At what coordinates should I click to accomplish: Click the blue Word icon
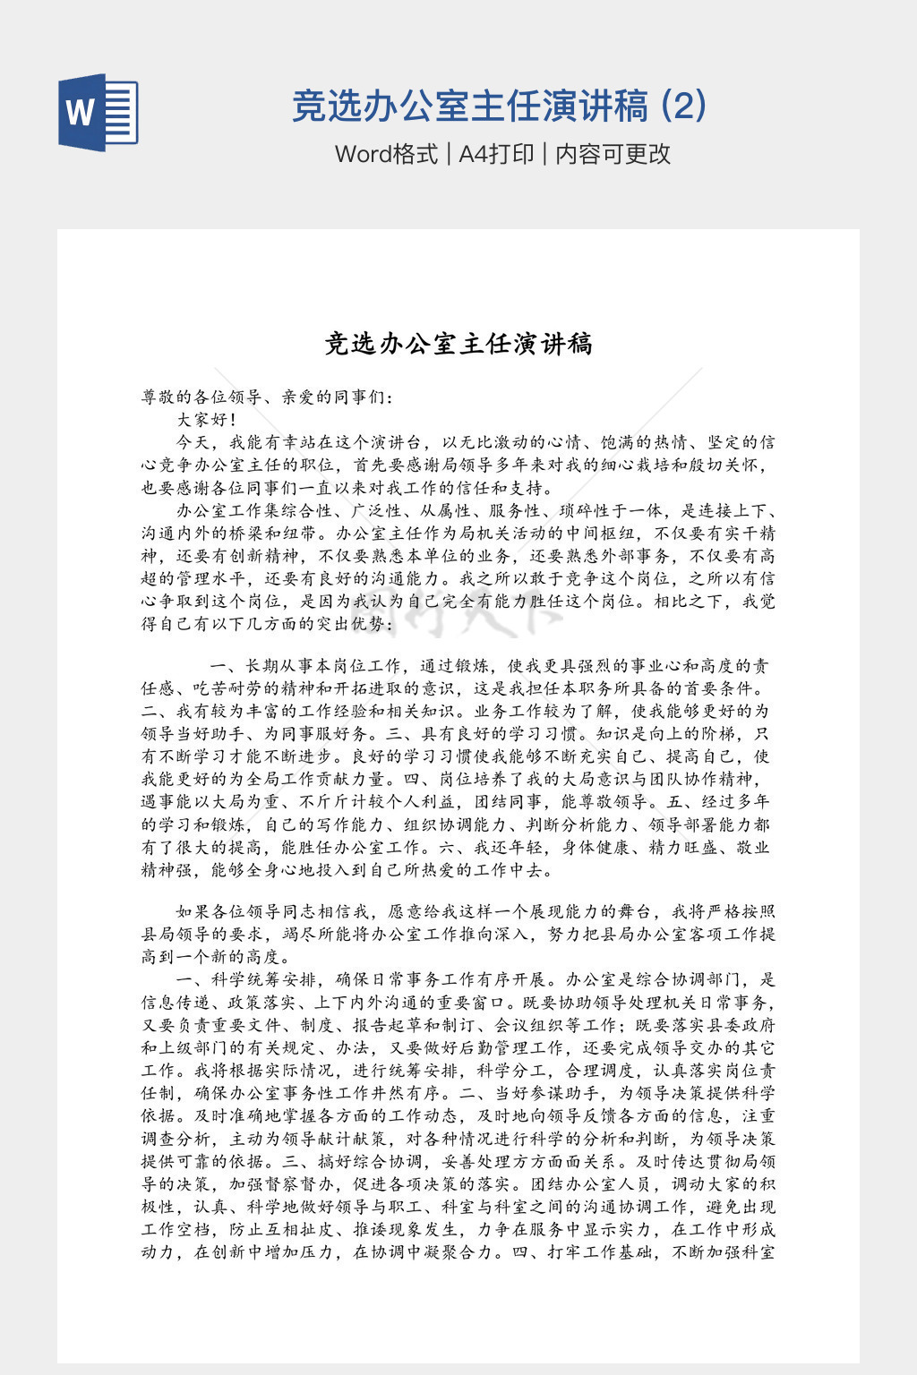[x=99, y=112]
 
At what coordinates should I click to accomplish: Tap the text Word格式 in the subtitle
[x=386, y=154]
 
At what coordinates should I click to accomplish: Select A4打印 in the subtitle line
[x=496, y=154]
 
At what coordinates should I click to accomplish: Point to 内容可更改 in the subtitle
[x=613, y=154]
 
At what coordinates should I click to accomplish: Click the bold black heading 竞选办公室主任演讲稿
[x=458, y=344]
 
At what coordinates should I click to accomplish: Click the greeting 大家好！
[x=207, y=420]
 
